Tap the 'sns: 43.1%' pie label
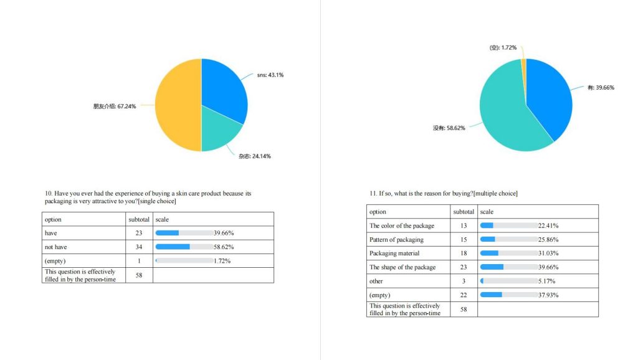click(270, 75)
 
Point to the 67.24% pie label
click(115, 106)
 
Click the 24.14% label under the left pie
click(254, 156)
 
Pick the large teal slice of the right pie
click(508, 121)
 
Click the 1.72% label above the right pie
click(503, 47)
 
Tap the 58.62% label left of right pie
click(449, 128)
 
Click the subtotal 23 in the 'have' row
click(139, 233)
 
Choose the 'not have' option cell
click(56, 247)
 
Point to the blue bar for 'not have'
click(173, 247)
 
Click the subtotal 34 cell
click(139, 247)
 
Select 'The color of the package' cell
click(402, 225)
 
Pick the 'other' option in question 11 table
click(376, 281)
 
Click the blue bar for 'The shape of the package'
click(492, 267)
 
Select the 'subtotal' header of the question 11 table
click(464, 212)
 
